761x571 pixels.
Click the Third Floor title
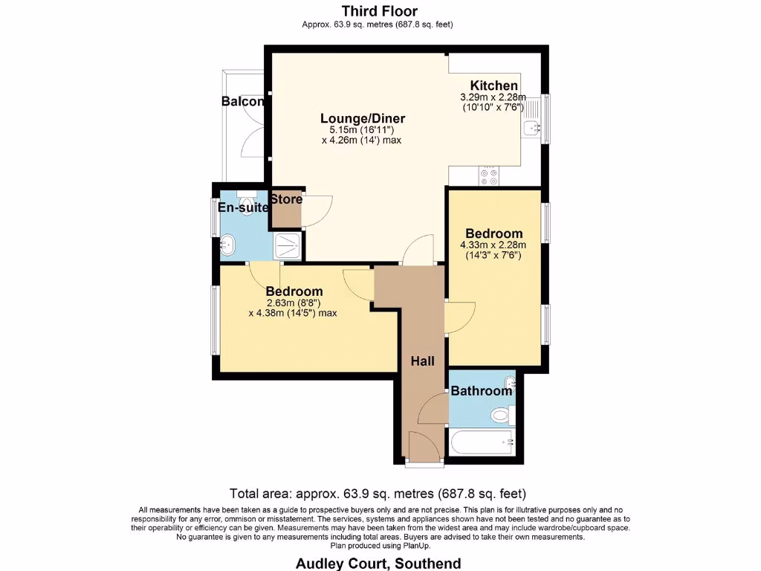pyautogui.click(x=380, y=10)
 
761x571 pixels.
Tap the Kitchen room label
pyautogui.click(x=493, y=86)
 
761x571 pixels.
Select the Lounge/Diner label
pyautogui.click(x=363, y=118)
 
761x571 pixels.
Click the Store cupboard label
pyautogui.click(x=286, y=199)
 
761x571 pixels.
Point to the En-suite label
pyautogui.click(x=243, y=208)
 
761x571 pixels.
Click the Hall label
pyautogui.click(x=422, y=361)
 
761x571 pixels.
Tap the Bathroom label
pyautogui.click(x=481, y=391)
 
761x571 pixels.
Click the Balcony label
pyautogui.click(x=243, y=101)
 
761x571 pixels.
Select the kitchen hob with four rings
pyautogui.click(x=489, y=175)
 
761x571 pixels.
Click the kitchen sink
pyautogui.click(x=532, y=128)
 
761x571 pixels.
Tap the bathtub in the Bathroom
pyautogui.click(x=482, y=442)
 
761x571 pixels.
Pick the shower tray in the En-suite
pyautogui.click(x=288, y=245)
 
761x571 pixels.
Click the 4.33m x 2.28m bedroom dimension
pyautogui.click(x=493, y=245)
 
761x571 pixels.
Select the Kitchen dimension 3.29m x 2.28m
pyautogui.click(x=493, y=97)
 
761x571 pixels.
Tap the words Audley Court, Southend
pyautogui.click(x=378, y=564)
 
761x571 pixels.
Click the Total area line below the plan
pyautogui.click(x=378, y=494)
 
